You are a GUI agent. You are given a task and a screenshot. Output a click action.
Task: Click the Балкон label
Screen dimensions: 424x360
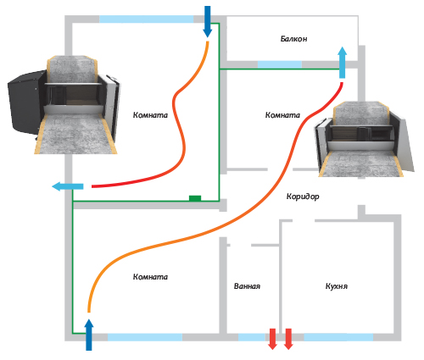pos(293,39)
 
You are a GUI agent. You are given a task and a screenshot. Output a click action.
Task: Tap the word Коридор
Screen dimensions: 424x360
pos(303,197)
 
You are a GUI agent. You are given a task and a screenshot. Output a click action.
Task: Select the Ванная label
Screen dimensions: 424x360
pos(247,286)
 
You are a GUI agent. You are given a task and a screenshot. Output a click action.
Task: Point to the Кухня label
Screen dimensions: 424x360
pos(337,286)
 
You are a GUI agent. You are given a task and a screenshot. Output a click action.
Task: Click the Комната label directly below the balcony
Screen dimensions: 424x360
pos(282,115)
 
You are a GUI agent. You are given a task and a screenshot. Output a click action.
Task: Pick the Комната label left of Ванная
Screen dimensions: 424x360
pos(150,277)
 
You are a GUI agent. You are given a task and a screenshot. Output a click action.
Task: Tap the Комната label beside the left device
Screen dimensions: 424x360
pos(150,115)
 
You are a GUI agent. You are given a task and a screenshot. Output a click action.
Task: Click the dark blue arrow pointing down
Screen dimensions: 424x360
pos(208,21)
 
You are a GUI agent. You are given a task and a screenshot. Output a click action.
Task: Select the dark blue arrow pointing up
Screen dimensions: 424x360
pos(89,335)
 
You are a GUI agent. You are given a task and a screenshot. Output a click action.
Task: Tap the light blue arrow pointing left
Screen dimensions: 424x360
pos(68,186)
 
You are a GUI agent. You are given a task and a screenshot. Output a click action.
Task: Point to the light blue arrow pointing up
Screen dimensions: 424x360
pos(343,63)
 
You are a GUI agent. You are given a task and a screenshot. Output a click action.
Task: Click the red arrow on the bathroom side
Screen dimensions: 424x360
pos(272,339)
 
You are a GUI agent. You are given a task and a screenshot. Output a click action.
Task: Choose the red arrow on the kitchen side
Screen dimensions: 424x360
pos(288,339)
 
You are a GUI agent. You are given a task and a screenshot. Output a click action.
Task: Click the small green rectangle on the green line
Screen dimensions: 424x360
pos(195,198)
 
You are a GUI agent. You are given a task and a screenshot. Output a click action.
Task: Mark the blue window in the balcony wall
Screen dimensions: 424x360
pos(280,64)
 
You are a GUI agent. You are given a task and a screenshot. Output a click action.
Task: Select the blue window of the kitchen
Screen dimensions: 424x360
pos(338,337)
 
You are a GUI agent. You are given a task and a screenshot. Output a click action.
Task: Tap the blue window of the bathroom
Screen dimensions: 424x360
pos(252,337)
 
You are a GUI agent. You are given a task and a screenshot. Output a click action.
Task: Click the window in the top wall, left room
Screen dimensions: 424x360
pos(147,19)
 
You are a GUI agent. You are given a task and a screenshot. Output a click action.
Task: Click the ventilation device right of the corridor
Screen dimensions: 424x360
pos(365,139)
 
